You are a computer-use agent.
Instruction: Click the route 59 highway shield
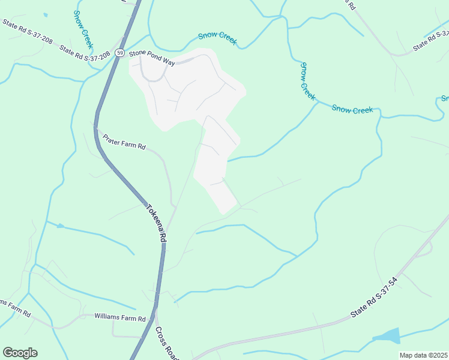[x=121, y=52]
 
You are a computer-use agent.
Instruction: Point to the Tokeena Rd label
[x=155, y=221]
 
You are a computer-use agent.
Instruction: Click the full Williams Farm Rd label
[x=120, y=316]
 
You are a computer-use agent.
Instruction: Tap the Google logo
[x=20, y=353]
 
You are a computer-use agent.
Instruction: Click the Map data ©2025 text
[x=423, y=355]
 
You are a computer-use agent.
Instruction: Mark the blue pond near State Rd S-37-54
[x=388, y=336]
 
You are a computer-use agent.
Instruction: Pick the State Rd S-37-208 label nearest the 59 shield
[x=83, y=48]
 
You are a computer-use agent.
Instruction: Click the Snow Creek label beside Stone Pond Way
[x=218, y=38]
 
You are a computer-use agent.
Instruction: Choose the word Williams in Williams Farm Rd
[x=106, y=316]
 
